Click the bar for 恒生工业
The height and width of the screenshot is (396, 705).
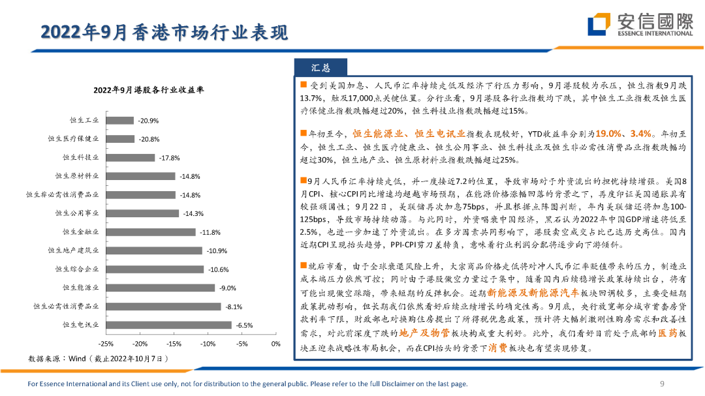point(119,121)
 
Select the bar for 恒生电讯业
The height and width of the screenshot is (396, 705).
point(168,324)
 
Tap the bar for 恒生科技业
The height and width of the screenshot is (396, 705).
point(130,157)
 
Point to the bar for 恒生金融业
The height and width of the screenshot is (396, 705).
point(150,232)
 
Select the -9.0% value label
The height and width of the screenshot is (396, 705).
point(227,288)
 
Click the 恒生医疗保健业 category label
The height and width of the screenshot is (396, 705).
point(74,139)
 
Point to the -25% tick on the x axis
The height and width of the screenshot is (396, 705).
point(106,343)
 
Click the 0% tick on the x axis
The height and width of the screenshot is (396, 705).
point(275,343)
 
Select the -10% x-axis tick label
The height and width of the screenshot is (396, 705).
point(208,343)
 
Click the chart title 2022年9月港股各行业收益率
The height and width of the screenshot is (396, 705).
point(149,90)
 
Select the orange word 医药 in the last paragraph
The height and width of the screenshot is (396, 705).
point(667,333)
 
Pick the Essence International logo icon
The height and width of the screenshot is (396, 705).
point(599,25)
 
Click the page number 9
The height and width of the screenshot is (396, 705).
point(663,384)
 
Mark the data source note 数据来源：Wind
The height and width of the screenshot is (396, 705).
point(98,358)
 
